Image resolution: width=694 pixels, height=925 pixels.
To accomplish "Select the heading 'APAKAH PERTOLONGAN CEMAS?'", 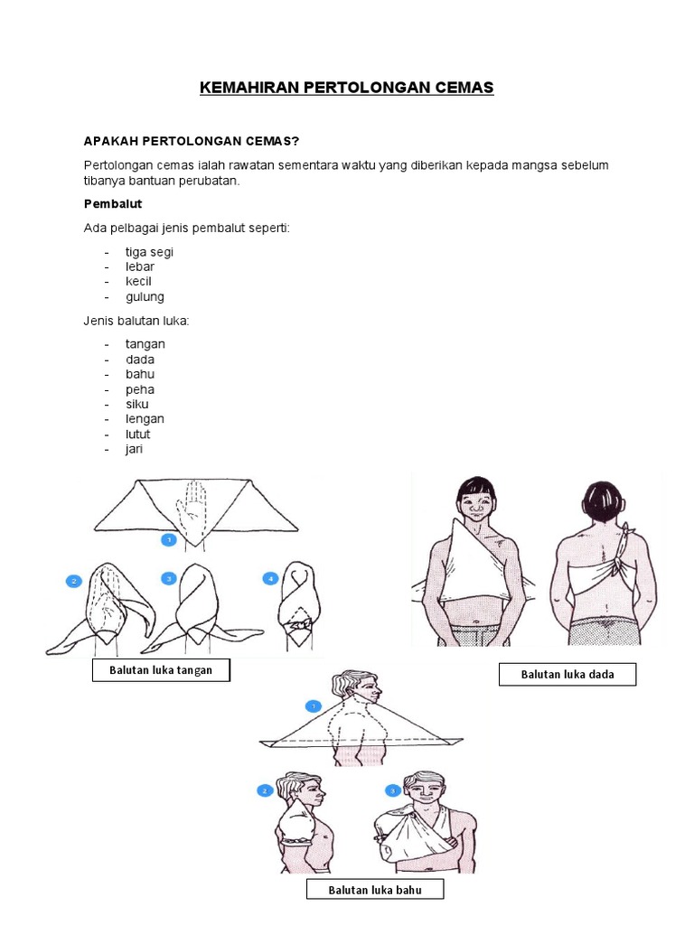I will point(191,141).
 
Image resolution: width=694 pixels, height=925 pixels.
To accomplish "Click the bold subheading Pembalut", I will point(113,204).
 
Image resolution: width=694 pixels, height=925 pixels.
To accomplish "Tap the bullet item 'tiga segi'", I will point(149,252).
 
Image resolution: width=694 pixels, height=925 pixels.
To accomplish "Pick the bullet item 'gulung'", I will point(145,296).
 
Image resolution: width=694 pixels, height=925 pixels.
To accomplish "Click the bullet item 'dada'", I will point(140,360).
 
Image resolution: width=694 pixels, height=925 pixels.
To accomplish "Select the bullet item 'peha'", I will point(140,389).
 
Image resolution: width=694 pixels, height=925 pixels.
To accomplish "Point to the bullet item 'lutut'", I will point(138,434).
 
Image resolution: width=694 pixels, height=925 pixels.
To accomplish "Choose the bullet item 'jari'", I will point(135,449).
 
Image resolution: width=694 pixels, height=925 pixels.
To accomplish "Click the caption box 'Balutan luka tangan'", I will point(161,670).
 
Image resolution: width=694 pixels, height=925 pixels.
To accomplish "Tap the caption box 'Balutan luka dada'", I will point(567,674).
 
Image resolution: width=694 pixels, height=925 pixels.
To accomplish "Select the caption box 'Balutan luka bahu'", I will point(375,891).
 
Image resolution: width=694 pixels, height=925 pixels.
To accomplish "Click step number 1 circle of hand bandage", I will point(168,540).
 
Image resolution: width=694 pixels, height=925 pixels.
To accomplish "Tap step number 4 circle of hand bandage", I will point(268,577).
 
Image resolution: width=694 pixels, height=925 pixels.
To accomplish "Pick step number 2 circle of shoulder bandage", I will point(266,790).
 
